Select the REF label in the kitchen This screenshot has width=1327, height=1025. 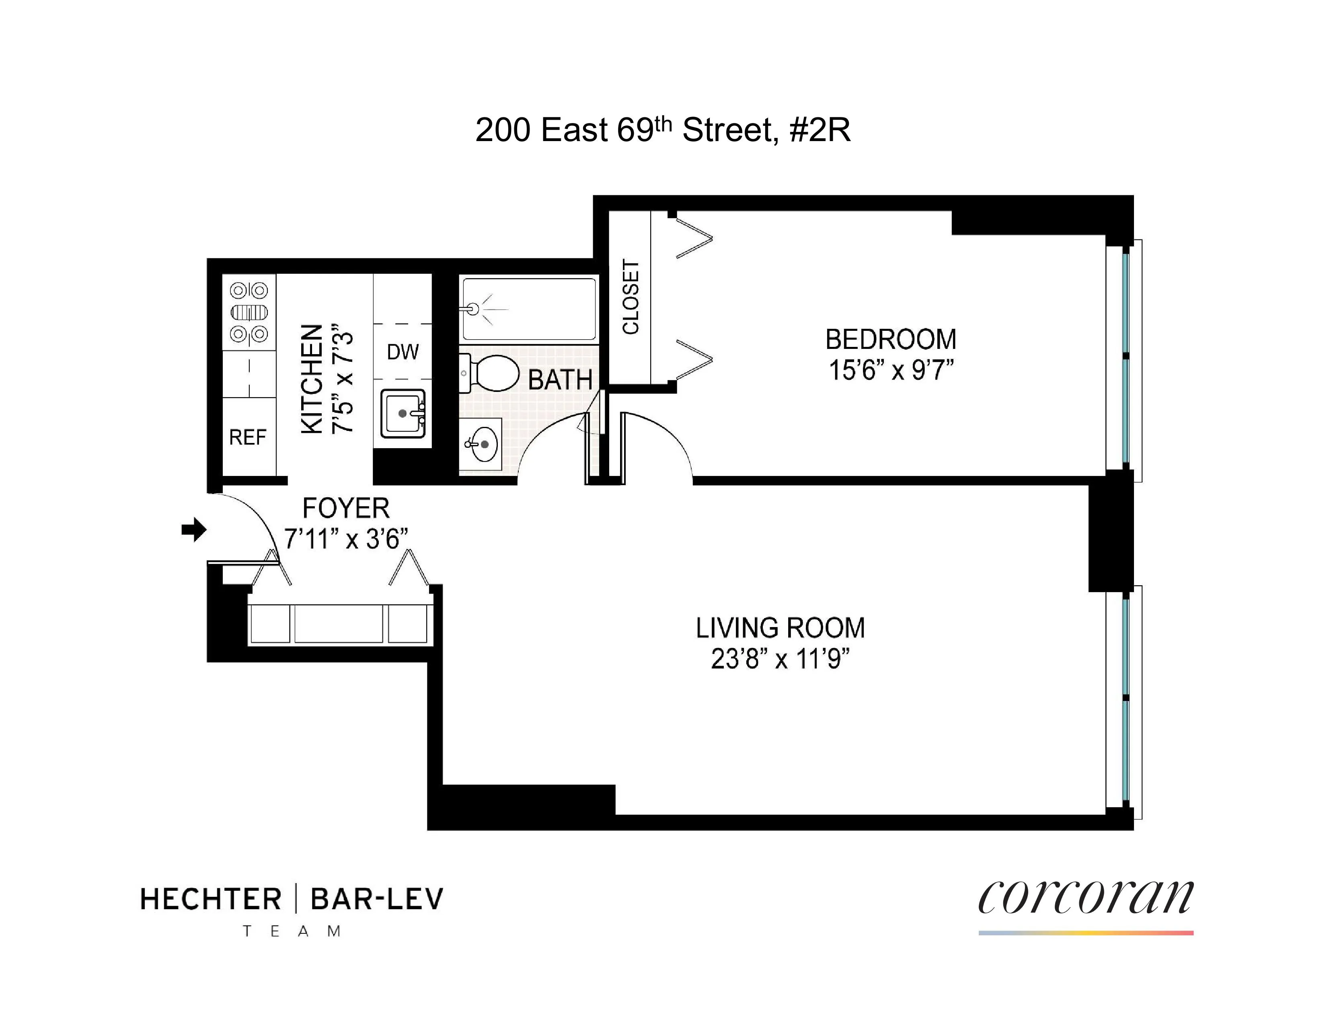pyautogui.click(x=247, y=437)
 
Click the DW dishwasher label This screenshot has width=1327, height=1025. pyautogui.click(x=403, y=352)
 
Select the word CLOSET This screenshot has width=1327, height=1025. pyautogui.click(x=631, y=297)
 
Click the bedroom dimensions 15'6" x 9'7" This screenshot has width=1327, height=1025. pyautogui.click(x=891, y=370)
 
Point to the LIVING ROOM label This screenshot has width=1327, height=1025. pyautogui.click(x=780, y=628)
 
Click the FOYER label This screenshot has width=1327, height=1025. pyautogui.click(x=346, y=508)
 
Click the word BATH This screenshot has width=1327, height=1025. pyautogui.click(x=560, y=380)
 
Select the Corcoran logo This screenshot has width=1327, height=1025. pyautogui.click(x=1085, y=899)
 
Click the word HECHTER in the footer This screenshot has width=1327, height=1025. pyautogui.click(x=211, y=899)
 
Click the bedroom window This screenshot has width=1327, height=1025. pyautogui.click(x=1125, y=361)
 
